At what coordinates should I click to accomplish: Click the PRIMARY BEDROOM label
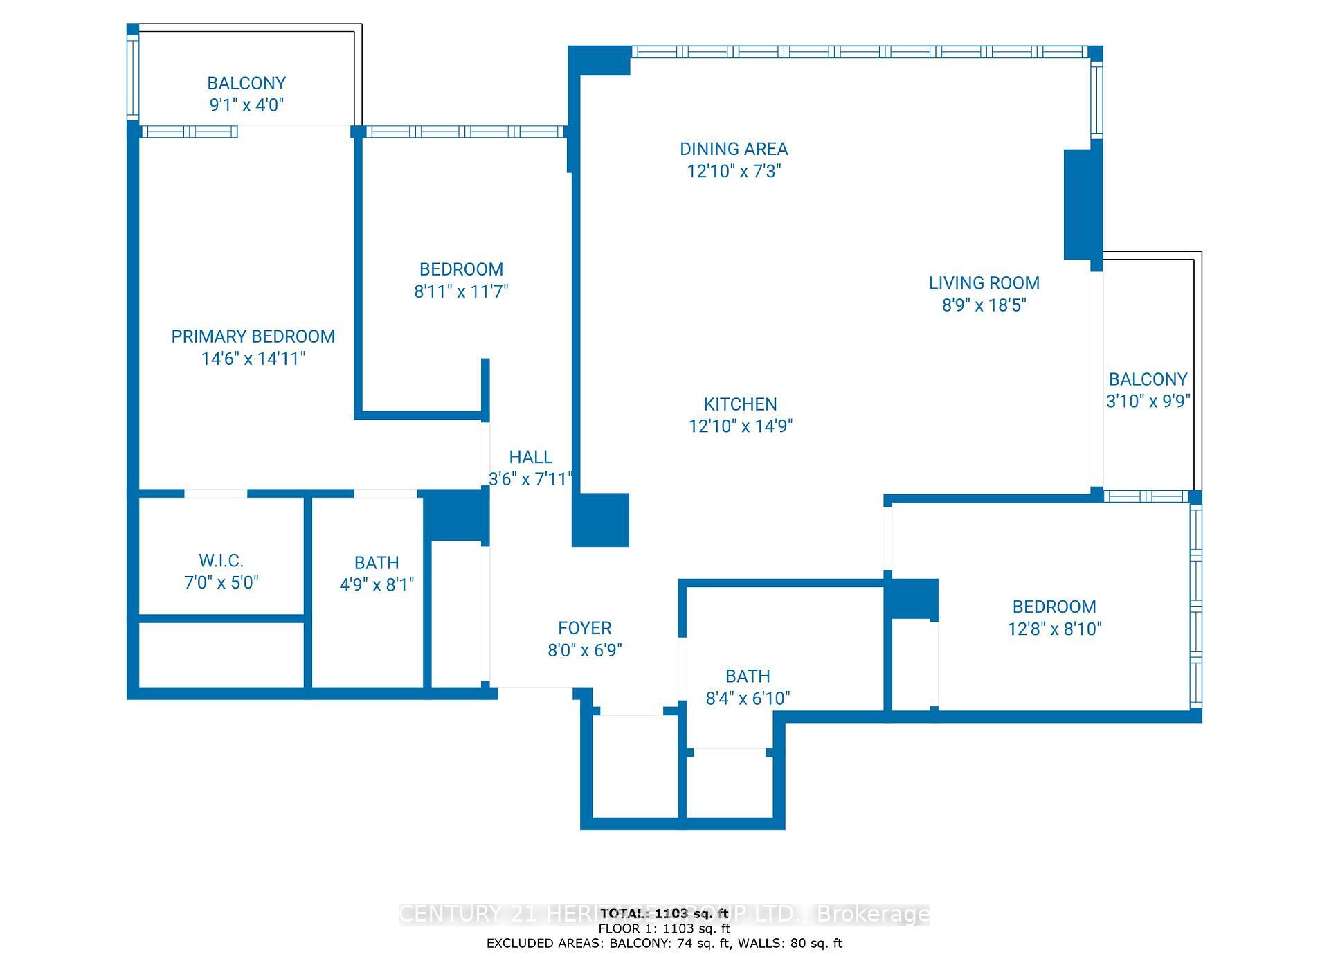(x=253, y=336)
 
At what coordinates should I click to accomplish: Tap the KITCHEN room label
(x=740, y=404)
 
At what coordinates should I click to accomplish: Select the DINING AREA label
(x=733, y=149)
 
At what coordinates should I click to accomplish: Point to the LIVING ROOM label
(x=984, y=282)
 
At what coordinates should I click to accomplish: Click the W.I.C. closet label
(x=221, y=560)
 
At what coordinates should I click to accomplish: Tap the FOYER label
(x=584, y=628)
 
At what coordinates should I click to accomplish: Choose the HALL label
(x=530, y=457)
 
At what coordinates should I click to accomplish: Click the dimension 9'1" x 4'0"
(x=246, y=105)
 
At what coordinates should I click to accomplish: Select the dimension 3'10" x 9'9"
(x=1148, y=401)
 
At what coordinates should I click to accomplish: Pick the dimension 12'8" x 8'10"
(x=1054, y=629)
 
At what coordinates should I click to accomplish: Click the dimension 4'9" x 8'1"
(x=377, y=585)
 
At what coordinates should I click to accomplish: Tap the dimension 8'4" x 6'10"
(x=748, y=698)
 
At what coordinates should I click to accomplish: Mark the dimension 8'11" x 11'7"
(x=461, y=291)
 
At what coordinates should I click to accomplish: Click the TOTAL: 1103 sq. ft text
(x=664, y=914)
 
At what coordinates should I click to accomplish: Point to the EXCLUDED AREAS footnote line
(x=664, y=943)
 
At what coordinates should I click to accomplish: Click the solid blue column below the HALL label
(x=600, y=519)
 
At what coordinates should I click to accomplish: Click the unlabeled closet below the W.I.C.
(x=221, y=654)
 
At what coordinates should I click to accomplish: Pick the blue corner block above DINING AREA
(x=599, y=61)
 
